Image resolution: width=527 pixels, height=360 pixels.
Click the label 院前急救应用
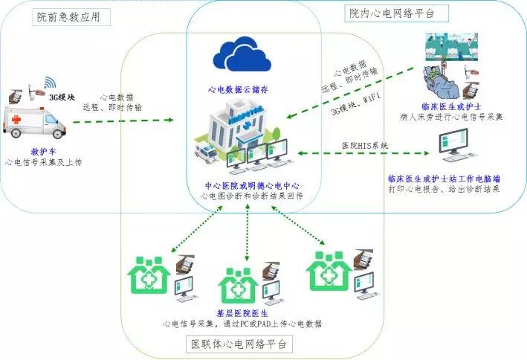click(72, 16)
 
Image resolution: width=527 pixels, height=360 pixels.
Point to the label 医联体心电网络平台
click(242, 344)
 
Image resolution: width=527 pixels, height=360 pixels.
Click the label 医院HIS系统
click(364, 144)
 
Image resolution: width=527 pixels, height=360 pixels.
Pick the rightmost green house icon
click(329, 271)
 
